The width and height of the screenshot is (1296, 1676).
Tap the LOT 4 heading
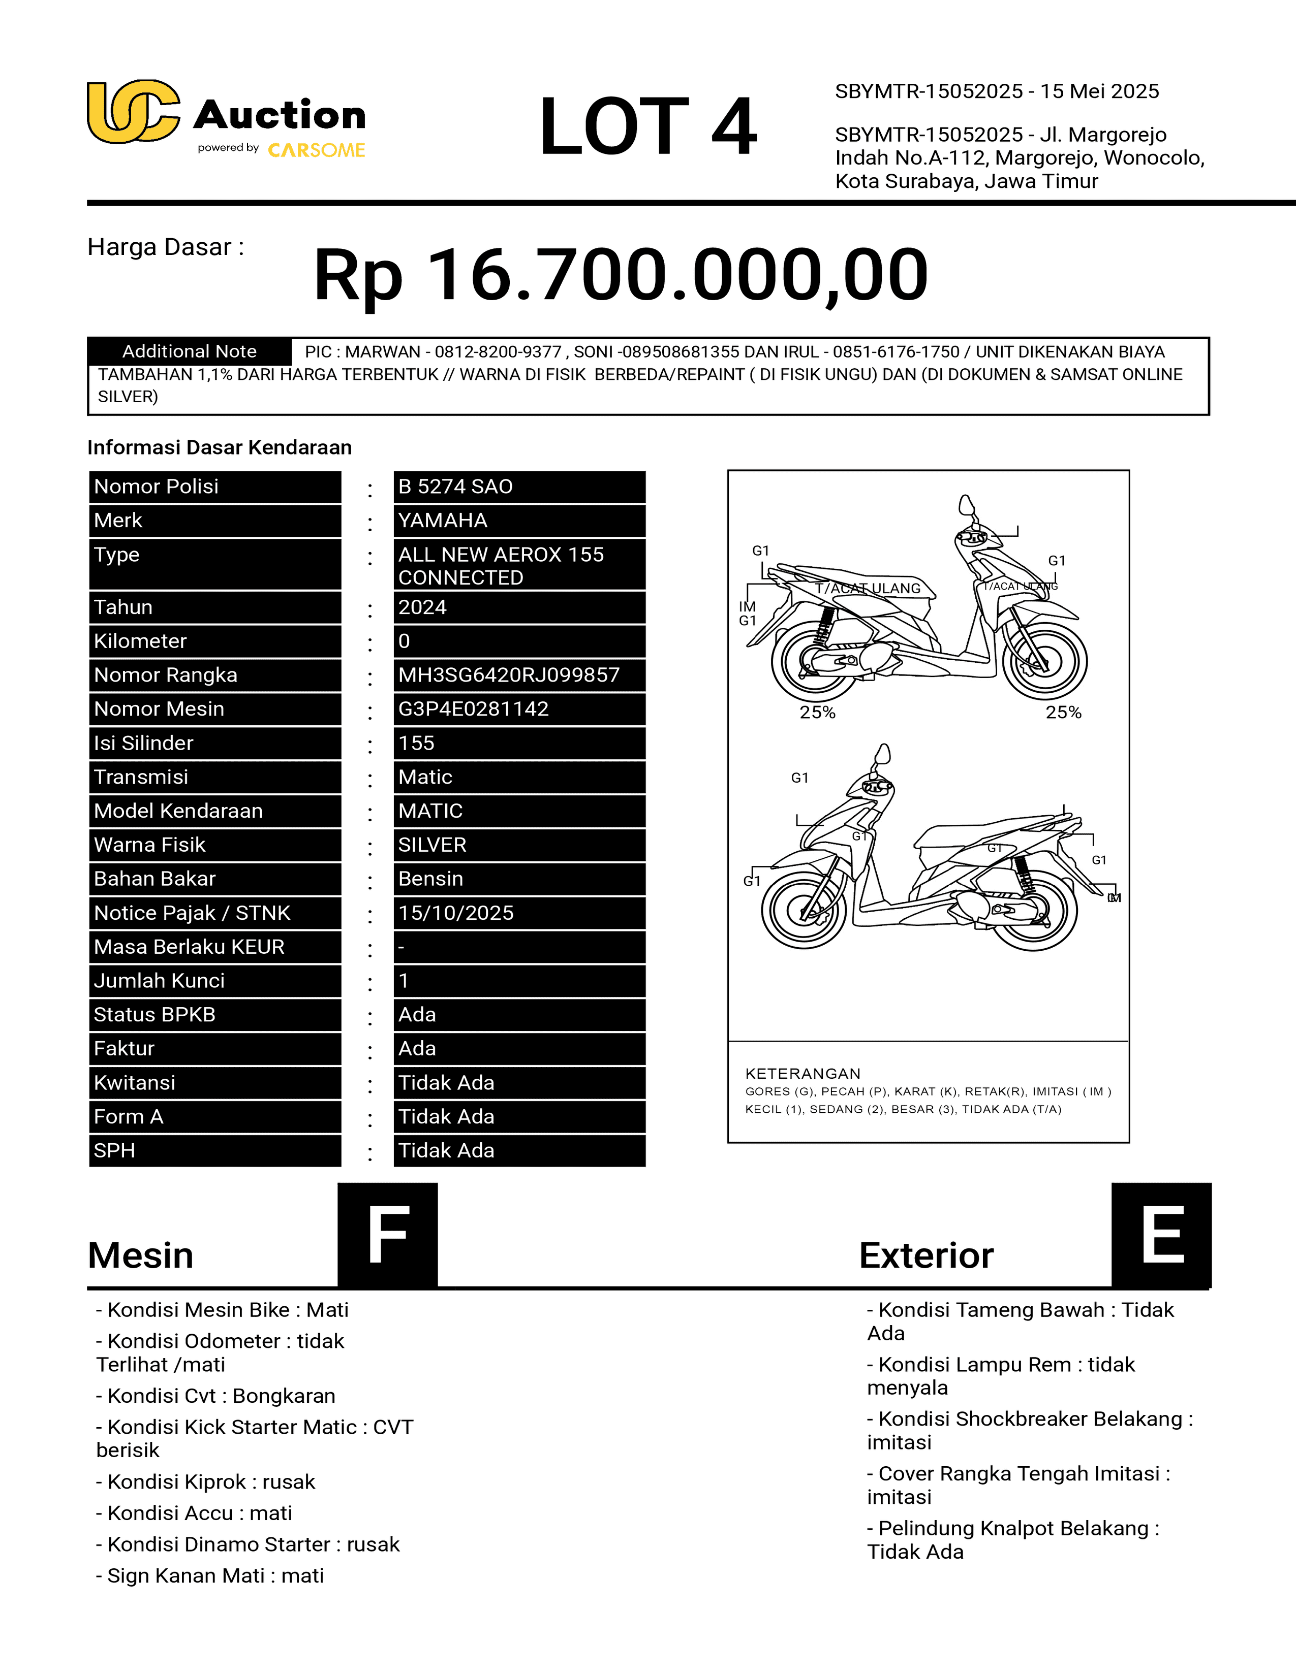(647, 126)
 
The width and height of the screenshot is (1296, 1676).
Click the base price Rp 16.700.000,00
(621, 275)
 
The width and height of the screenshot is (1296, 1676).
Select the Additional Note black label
(190, 351)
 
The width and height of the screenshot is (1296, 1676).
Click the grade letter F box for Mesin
(388, 1234)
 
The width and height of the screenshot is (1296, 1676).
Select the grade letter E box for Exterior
(1161, 1234)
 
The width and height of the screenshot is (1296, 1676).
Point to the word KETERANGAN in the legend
(803, 1074)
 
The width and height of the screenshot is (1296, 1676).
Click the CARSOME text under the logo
(316, 150)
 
